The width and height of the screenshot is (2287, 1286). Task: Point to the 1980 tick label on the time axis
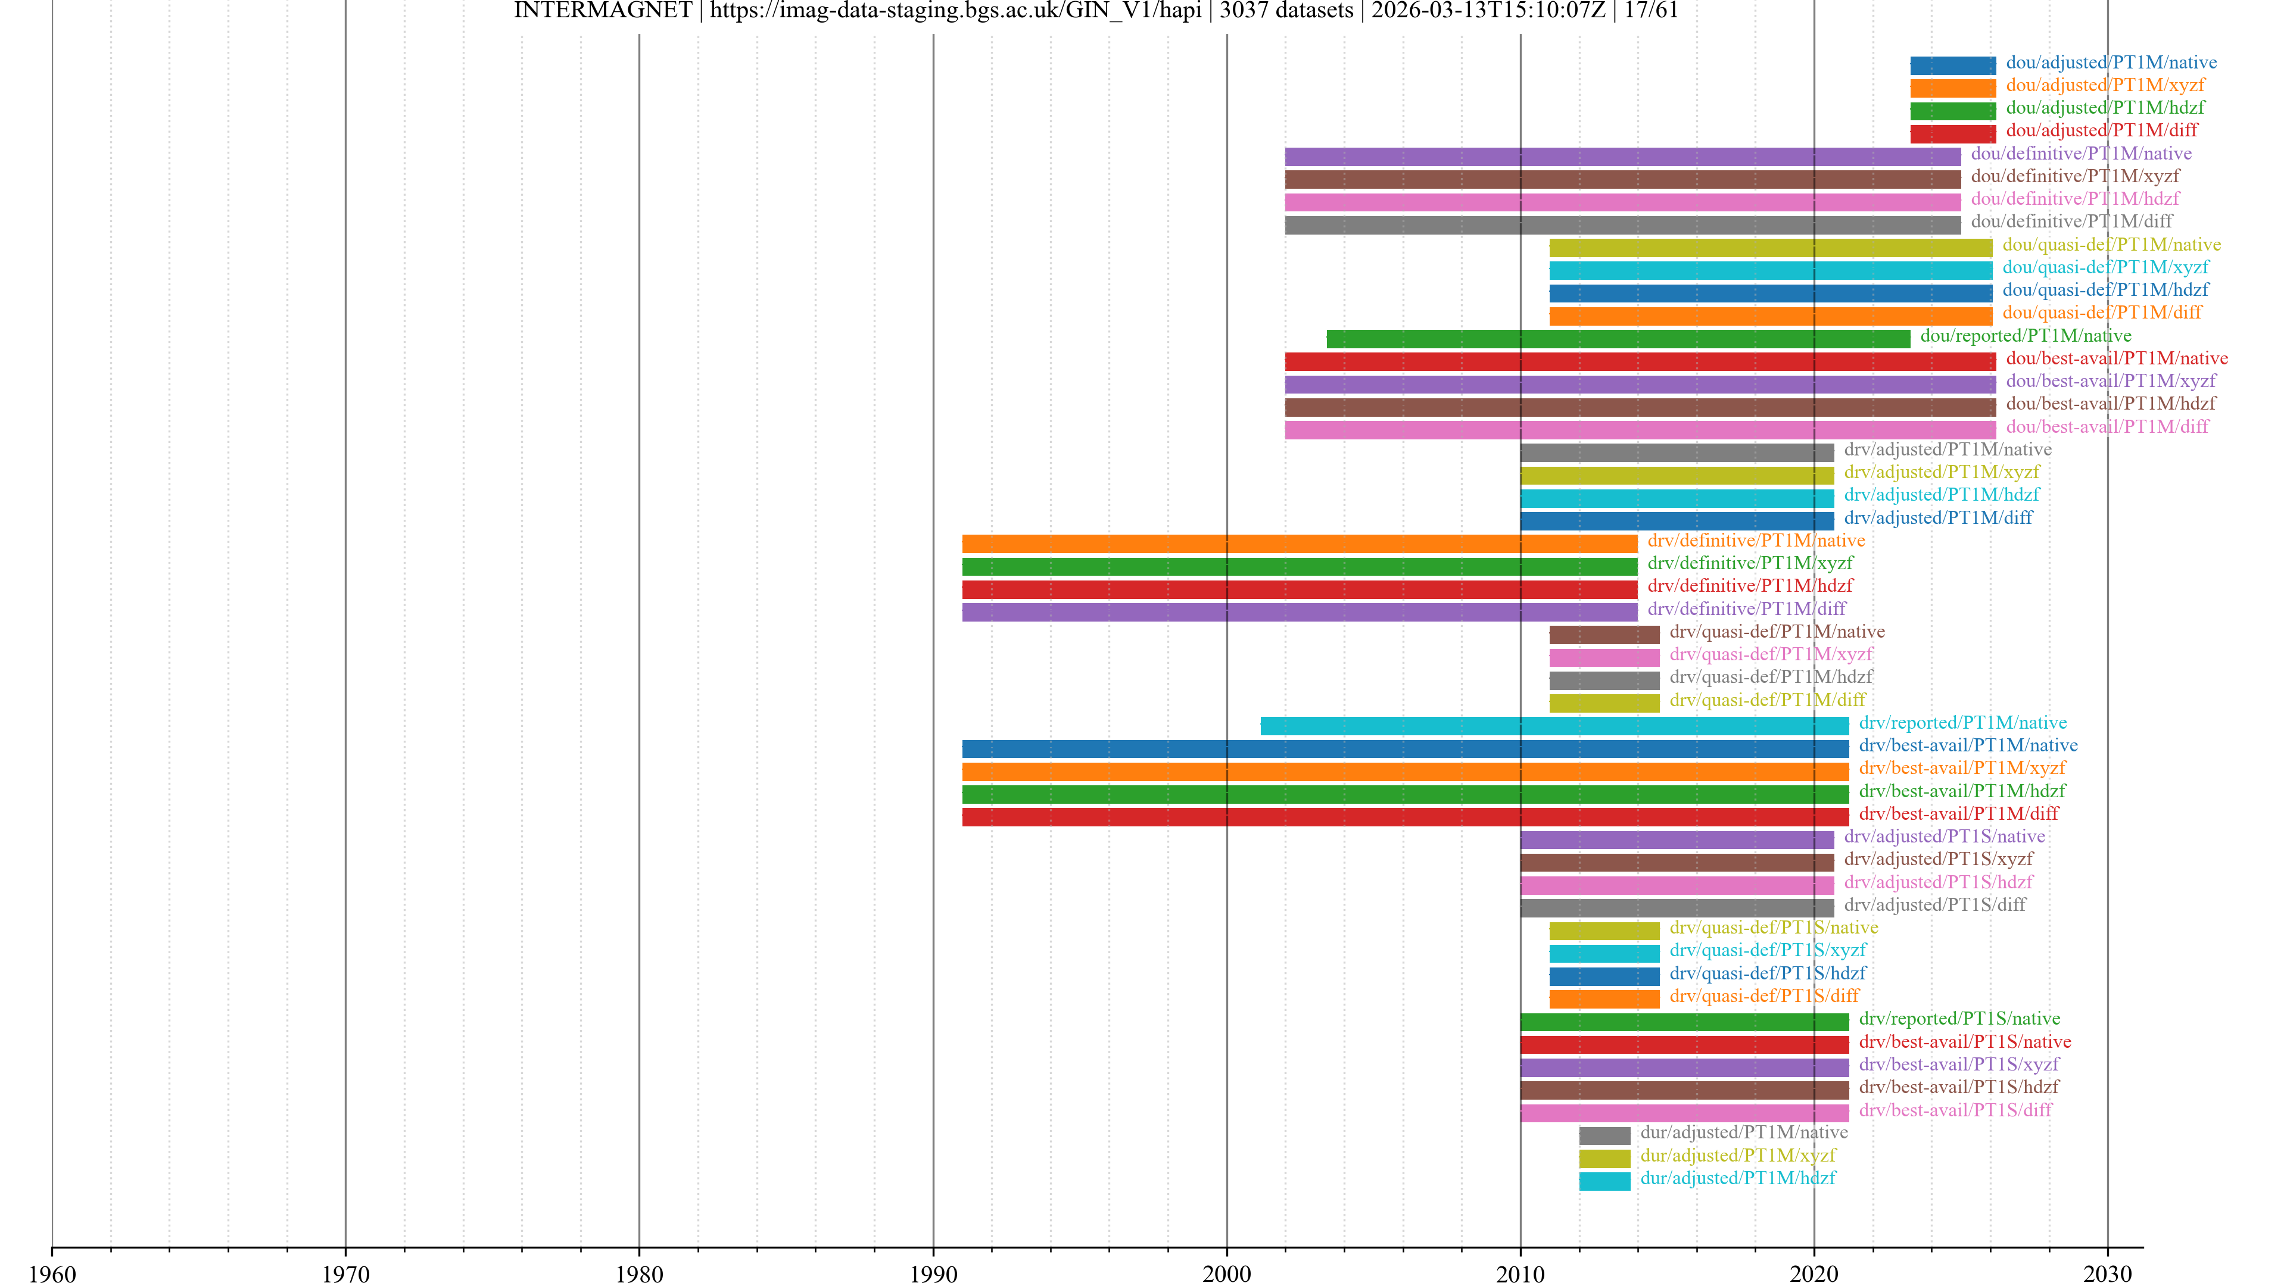click(639, 1273)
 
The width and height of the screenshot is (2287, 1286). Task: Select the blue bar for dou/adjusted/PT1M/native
click(1952, 65)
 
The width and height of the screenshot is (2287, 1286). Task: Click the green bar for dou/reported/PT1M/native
click(1618, 338)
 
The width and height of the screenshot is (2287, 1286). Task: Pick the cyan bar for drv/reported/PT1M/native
click(1554, 726)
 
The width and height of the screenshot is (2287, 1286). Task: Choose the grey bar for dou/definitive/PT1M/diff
click(1622, 224)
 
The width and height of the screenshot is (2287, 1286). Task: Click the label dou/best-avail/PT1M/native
click(2117, 358)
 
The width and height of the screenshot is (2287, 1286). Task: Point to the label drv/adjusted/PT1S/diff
click(1934, 904)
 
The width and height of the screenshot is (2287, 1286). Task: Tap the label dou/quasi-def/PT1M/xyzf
click(2105, 267)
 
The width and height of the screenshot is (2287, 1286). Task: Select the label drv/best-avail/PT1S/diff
click(1955, 1109)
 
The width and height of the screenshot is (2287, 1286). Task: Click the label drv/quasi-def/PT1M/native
click(1777, 631)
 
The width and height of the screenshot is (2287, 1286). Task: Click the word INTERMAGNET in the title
click(602, 11)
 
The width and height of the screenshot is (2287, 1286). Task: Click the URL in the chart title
click(955, 11)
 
